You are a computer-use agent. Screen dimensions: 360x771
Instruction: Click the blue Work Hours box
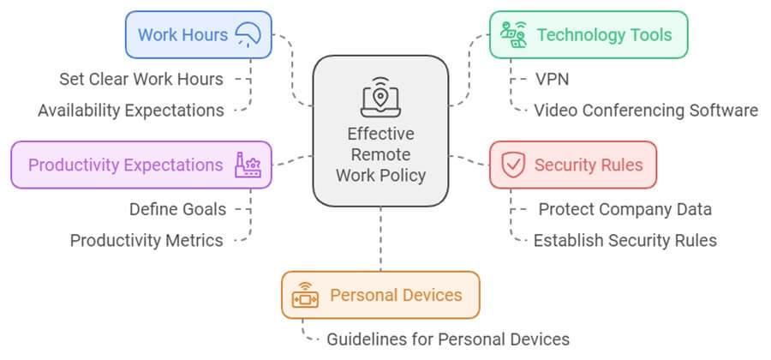198,34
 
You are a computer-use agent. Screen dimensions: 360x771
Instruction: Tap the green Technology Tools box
588,34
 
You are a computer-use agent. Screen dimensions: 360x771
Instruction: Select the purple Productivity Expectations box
140,165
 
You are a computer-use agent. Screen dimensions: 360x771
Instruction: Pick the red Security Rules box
572,165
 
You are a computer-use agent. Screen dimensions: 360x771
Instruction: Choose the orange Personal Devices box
380,295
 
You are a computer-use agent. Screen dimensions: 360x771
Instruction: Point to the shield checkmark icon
513,165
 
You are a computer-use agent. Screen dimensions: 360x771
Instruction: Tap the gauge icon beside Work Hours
249,34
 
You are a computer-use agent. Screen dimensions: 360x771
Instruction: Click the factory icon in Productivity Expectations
249,165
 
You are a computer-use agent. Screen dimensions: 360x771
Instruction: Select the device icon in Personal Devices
305,296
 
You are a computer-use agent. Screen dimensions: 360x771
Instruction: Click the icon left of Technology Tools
513,35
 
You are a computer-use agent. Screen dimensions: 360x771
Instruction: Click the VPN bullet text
552,80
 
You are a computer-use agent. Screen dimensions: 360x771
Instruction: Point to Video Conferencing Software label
645,111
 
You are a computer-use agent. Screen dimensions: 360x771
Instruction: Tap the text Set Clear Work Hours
141,79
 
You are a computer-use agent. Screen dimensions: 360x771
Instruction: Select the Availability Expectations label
131,111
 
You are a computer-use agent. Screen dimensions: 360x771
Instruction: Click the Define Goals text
178,209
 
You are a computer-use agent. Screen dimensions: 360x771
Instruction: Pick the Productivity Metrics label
146,241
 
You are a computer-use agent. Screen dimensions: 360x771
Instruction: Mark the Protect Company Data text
625,209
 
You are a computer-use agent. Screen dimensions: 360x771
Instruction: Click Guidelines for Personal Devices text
447,339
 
